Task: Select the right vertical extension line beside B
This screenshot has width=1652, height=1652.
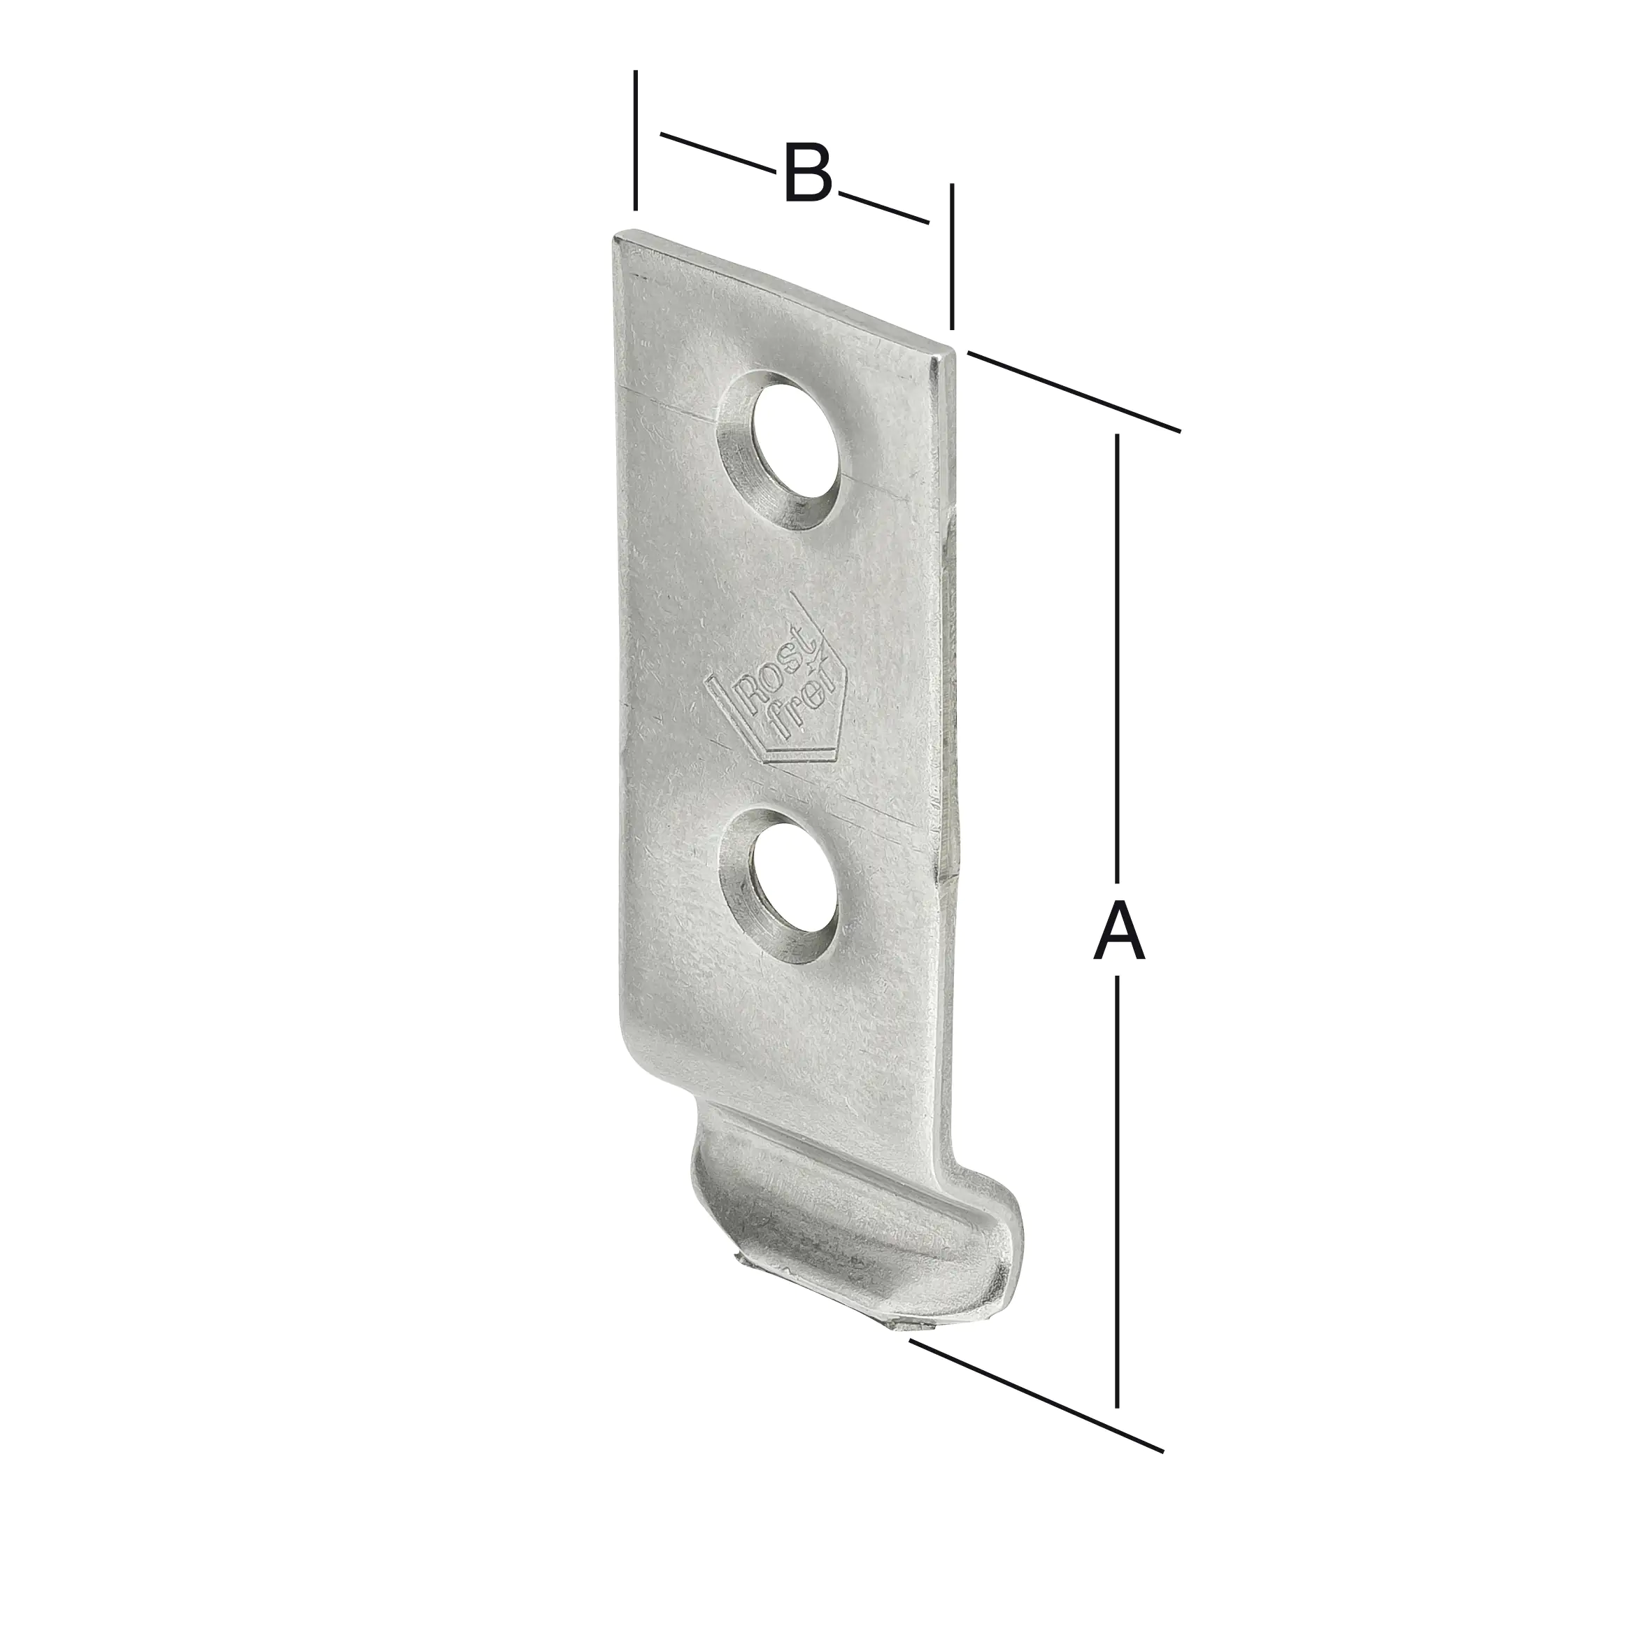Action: tap(952, 257)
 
